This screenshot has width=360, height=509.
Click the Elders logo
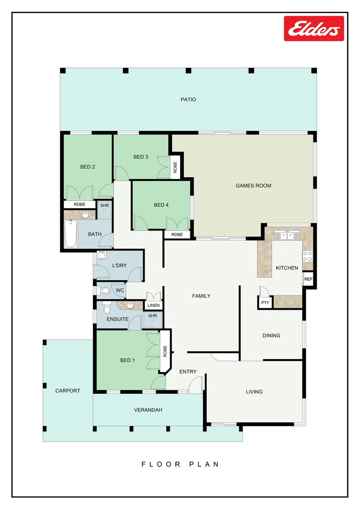[x=314, y=29]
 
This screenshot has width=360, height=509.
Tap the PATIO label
[x=188, y=99]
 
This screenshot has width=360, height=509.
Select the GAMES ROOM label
[x=253, y=186]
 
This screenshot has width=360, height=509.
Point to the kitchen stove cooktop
[x=307, y=256]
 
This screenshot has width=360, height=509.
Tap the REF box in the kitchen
[x=308, y=279]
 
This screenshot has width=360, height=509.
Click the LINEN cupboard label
[x=154, y=305]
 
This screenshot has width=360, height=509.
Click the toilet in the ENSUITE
[x=106, y=309]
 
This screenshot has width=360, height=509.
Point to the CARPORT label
[x=67, y=391]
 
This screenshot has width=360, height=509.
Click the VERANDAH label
[x=148, y=410]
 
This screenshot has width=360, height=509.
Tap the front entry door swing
[x=195, y=386]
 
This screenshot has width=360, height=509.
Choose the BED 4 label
[x=161, y=205]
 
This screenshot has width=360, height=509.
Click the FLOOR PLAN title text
[x=180, y=464]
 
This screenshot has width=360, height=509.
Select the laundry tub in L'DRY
[x=101, y=256]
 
